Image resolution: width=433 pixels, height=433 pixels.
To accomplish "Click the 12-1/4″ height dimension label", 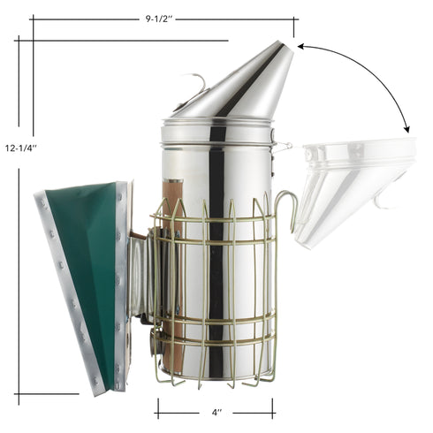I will pyautogui.click(x=19, y=148).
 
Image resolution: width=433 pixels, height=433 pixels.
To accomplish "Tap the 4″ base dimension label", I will pyautogui.click(x=215, y=412).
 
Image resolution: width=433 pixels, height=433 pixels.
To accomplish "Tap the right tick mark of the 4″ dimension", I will pyautogui.click(x=272, y=407).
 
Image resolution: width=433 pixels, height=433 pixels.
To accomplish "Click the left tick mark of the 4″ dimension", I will pyautogui.click(x=158, y=407).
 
